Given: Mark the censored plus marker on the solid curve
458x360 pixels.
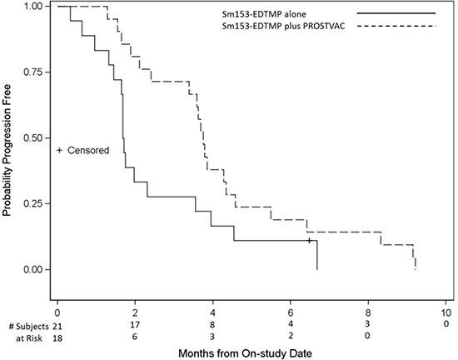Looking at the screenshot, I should click(309, 240).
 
